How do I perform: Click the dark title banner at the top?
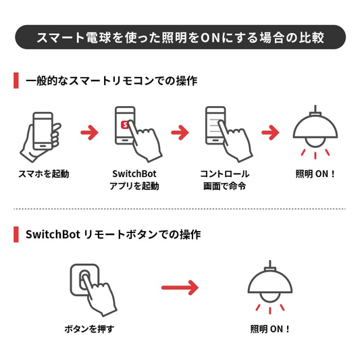tap(180, 37)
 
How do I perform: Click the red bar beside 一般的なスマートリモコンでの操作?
tap(16, 80)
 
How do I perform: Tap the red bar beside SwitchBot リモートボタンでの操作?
tap(16, 234)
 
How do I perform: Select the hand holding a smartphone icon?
tap(41, 137)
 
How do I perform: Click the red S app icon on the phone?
tap(125, 125)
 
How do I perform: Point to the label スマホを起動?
tap(44, 174)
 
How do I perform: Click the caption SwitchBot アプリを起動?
tap(134, 180)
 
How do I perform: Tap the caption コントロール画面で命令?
tap(225, 180)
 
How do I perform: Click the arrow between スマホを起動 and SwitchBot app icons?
tap(90, 132)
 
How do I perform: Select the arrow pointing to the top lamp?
tap(270, 132)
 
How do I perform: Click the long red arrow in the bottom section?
tap(180, 288)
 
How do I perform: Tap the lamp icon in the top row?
tap(315, 132)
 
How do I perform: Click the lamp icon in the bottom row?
tap(270, 287)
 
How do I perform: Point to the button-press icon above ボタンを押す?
tap(93, 290)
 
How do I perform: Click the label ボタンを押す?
tap(89, 329)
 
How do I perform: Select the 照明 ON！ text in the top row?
tap(315, 174)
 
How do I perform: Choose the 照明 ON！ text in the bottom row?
tap(269, 329)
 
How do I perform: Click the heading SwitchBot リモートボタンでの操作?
tap(113, 234)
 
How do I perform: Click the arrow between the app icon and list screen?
tap(180, 132)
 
